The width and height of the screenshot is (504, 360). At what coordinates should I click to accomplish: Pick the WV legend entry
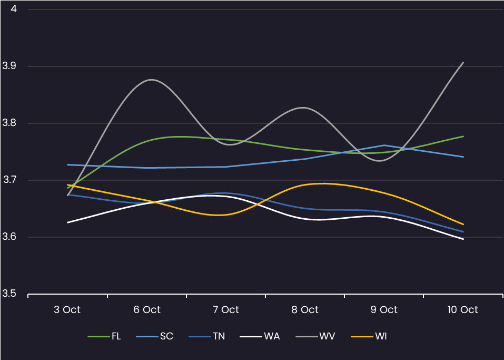point(327,336)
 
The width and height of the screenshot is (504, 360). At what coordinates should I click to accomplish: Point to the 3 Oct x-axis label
point(67,309)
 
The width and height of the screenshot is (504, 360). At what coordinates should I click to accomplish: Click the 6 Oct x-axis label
point(147,309)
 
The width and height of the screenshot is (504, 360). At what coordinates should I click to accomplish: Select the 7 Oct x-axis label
point(226,309)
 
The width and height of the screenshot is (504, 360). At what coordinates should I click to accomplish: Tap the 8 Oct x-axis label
point(305,309)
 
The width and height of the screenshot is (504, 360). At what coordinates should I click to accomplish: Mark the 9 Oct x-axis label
point(384,309)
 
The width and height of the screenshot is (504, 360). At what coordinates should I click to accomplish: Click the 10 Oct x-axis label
point(463,309)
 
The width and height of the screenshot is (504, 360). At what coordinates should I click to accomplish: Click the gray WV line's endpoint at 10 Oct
point(463,62)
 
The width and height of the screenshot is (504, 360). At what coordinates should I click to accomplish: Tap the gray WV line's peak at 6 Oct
point(151,80)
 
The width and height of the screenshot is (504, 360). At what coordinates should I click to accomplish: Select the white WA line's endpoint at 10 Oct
point(463,239)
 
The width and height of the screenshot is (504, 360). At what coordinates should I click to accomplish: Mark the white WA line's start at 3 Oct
point(67,222)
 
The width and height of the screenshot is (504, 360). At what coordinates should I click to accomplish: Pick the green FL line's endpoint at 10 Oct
point(463,136)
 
